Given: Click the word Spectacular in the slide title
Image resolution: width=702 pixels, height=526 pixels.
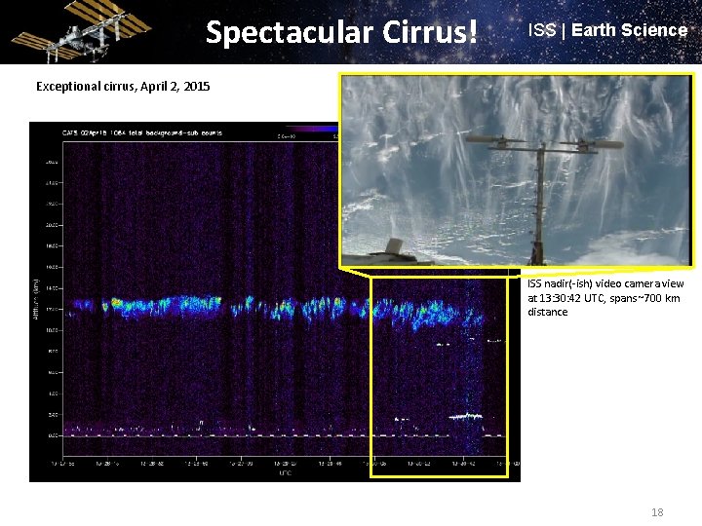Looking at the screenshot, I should (278, 33).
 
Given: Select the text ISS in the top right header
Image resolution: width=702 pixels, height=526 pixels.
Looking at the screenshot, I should (541, 30).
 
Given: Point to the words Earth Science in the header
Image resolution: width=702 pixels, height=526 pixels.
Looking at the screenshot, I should (629, 30).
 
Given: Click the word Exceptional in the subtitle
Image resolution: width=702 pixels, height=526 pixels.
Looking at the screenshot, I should (71, 87).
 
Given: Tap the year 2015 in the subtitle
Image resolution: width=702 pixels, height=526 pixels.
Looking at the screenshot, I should (196, 87).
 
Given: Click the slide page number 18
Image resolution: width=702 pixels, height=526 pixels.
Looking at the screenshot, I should (656, 511).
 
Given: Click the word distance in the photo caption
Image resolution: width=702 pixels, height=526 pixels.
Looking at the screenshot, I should (547, 312).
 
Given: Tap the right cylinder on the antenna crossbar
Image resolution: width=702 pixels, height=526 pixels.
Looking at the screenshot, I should (595, 144).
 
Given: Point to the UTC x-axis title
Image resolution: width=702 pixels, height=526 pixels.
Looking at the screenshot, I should (284, 473).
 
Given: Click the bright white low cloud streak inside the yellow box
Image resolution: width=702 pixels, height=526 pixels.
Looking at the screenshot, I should (464, 416).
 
